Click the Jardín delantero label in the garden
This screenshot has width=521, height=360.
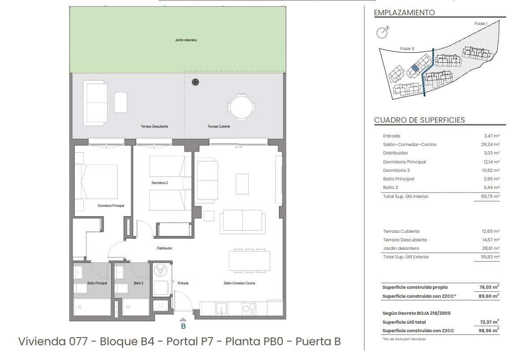click(186, 40)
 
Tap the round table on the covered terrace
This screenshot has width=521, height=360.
click(241, 107)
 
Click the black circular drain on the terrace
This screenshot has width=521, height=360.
click(195, 82)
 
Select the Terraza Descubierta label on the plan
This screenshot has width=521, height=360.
click(154, 127)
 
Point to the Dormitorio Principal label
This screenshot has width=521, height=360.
click(111, 206)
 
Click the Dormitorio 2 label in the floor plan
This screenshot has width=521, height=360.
click(160, 183)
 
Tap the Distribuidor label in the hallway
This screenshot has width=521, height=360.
click(164, 248)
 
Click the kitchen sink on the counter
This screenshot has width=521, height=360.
click(221, 309)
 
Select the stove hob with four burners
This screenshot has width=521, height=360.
click(249, 308)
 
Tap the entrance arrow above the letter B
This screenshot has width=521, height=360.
click(183, 319)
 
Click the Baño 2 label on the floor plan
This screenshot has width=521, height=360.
click(138, 283)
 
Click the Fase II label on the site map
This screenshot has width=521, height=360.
click(407, 49)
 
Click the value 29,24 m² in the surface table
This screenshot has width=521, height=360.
click(491, 145)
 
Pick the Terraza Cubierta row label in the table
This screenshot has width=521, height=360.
click(401, 231)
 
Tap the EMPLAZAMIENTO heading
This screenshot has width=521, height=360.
click(404, 13)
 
